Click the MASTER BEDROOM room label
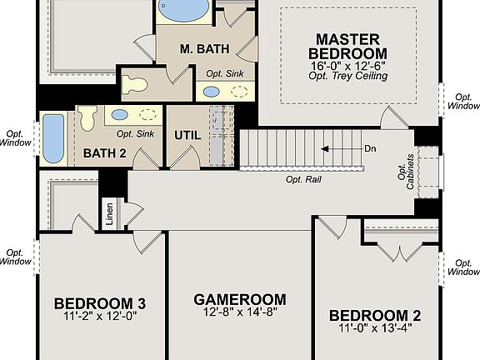pos(347,47)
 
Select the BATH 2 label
pos(104,153)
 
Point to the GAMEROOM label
pos(239,299)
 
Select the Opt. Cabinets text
pos(406,171)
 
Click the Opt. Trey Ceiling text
pos(347,77)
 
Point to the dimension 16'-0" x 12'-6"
pos(347,65)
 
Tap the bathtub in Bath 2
pos(52,137)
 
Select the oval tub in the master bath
pos(184,9)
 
